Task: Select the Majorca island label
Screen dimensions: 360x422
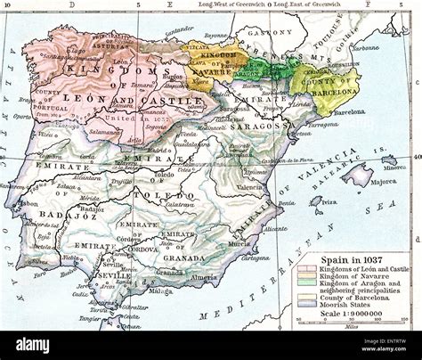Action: click(x=384, y=181)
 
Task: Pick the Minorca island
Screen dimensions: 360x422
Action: click(x=389, y=161)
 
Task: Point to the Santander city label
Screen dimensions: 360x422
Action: click(x=179, y=30)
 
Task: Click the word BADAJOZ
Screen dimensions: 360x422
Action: click(x=48, y=215)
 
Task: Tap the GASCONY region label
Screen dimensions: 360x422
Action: click(x=264, y=33)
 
